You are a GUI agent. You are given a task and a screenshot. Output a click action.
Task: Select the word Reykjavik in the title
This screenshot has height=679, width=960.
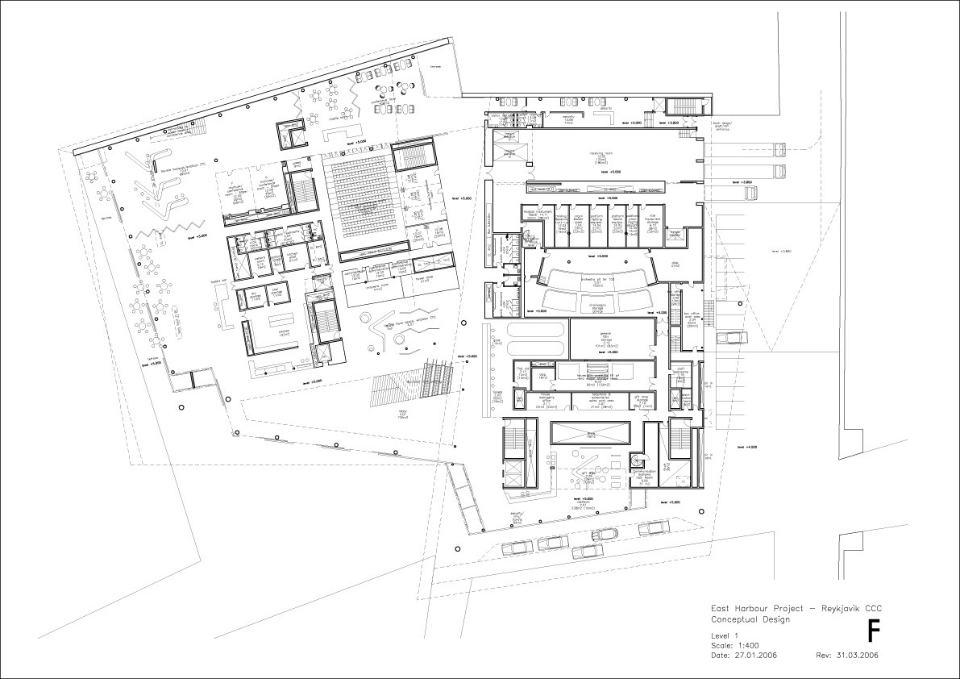[839, 608]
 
